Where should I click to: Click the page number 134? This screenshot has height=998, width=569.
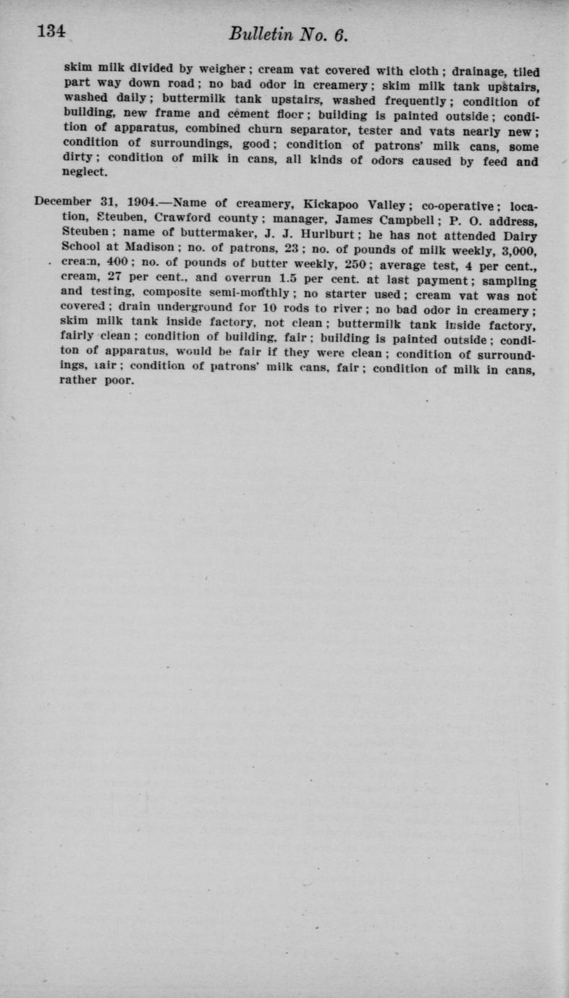pos(52,32)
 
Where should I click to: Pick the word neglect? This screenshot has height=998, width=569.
pos(85,173)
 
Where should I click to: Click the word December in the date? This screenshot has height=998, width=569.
pos(63,202)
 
